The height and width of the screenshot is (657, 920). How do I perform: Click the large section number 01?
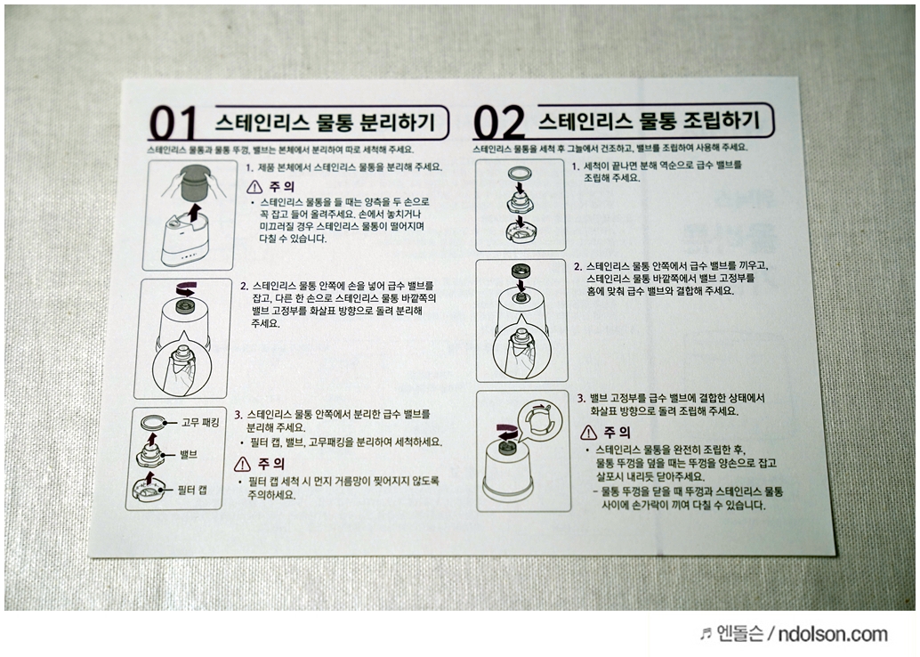coord(173,124)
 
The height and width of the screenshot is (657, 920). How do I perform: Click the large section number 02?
coord(499,122)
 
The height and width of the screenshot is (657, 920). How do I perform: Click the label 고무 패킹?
coord(200,422)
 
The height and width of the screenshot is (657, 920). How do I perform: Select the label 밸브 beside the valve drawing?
coord(189,454)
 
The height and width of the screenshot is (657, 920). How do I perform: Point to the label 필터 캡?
coord(192,490)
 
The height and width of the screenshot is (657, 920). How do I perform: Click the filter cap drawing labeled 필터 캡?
coord(152,490)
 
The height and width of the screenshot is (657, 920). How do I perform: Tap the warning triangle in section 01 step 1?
coord(254,187)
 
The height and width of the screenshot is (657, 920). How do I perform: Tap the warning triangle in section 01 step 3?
coord(242,464)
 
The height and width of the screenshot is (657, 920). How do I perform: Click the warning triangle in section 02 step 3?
coord(588,433)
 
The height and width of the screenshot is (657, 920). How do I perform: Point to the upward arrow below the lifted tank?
coord(194,213)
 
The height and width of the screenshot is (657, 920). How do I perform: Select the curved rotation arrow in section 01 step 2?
coord(187,289)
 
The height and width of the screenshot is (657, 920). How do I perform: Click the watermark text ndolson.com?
coord(833,634)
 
